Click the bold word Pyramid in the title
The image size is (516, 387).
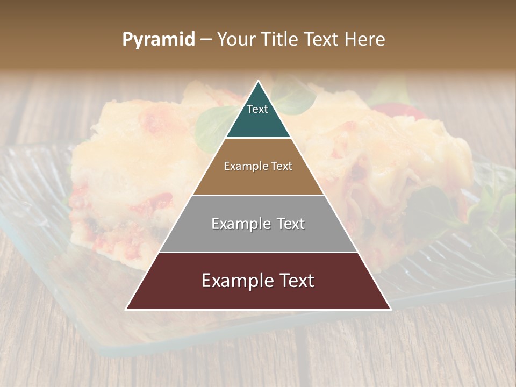pyautogui.click(x=159, y=40)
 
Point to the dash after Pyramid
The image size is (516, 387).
pyautogui.click(x=205, y=40)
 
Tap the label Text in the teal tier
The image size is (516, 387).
pyautogui.click(x=257, y=109)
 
